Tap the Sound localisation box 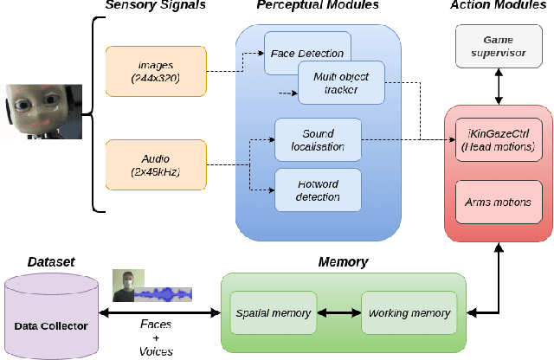(x=317, y=139)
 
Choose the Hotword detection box (x=317, y=190)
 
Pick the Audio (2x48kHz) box (x=156, y=164)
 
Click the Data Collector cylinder (x=49, y=312)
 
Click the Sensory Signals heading (x=155, y=7)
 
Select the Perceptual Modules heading (x=317, y=7)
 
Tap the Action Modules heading (x=497, y=7)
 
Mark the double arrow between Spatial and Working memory (x=338, y=312)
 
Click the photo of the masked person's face (x=126, y=285)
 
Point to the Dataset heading (x=50, y=260)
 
